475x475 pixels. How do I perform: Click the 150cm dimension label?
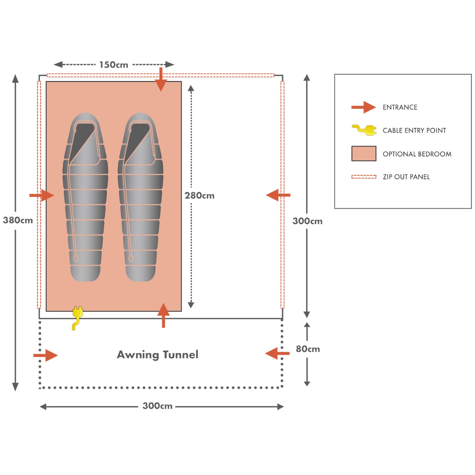(x=114, y=65)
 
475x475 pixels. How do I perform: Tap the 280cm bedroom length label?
(x=199, y=196)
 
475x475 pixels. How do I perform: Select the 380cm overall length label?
(x=18, y=220)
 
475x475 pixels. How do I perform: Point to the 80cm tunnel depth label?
(x=308, y=349)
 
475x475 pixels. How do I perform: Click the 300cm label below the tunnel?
(x=157, y=406)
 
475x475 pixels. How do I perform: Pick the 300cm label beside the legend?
(x=307, y=221)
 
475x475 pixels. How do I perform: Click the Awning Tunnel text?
(x=158, y=355)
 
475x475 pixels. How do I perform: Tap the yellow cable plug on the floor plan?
(x=77, y=317)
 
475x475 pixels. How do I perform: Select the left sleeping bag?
(x=85, y=197)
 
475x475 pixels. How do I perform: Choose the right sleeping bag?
(x=141, y=197)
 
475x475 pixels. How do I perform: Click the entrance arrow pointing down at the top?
(x=161, y=80)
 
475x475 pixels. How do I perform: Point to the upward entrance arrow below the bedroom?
(x=163, y=315)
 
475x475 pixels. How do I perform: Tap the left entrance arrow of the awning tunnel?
(x=46, y=355)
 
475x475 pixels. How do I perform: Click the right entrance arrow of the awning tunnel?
(x=277, y=354)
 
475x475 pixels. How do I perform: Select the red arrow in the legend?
(x=364, y=107)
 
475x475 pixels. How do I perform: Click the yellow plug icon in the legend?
(x=364, y=130)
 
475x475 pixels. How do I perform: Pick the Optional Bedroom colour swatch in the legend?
(x=364, y=154)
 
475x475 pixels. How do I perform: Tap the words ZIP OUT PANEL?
(x=406, y=177)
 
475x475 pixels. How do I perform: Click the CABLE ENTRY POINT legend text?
(x=414, y=131)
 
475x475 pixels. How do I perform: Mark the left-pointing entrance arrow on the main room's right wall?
(x=278, y=195)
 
